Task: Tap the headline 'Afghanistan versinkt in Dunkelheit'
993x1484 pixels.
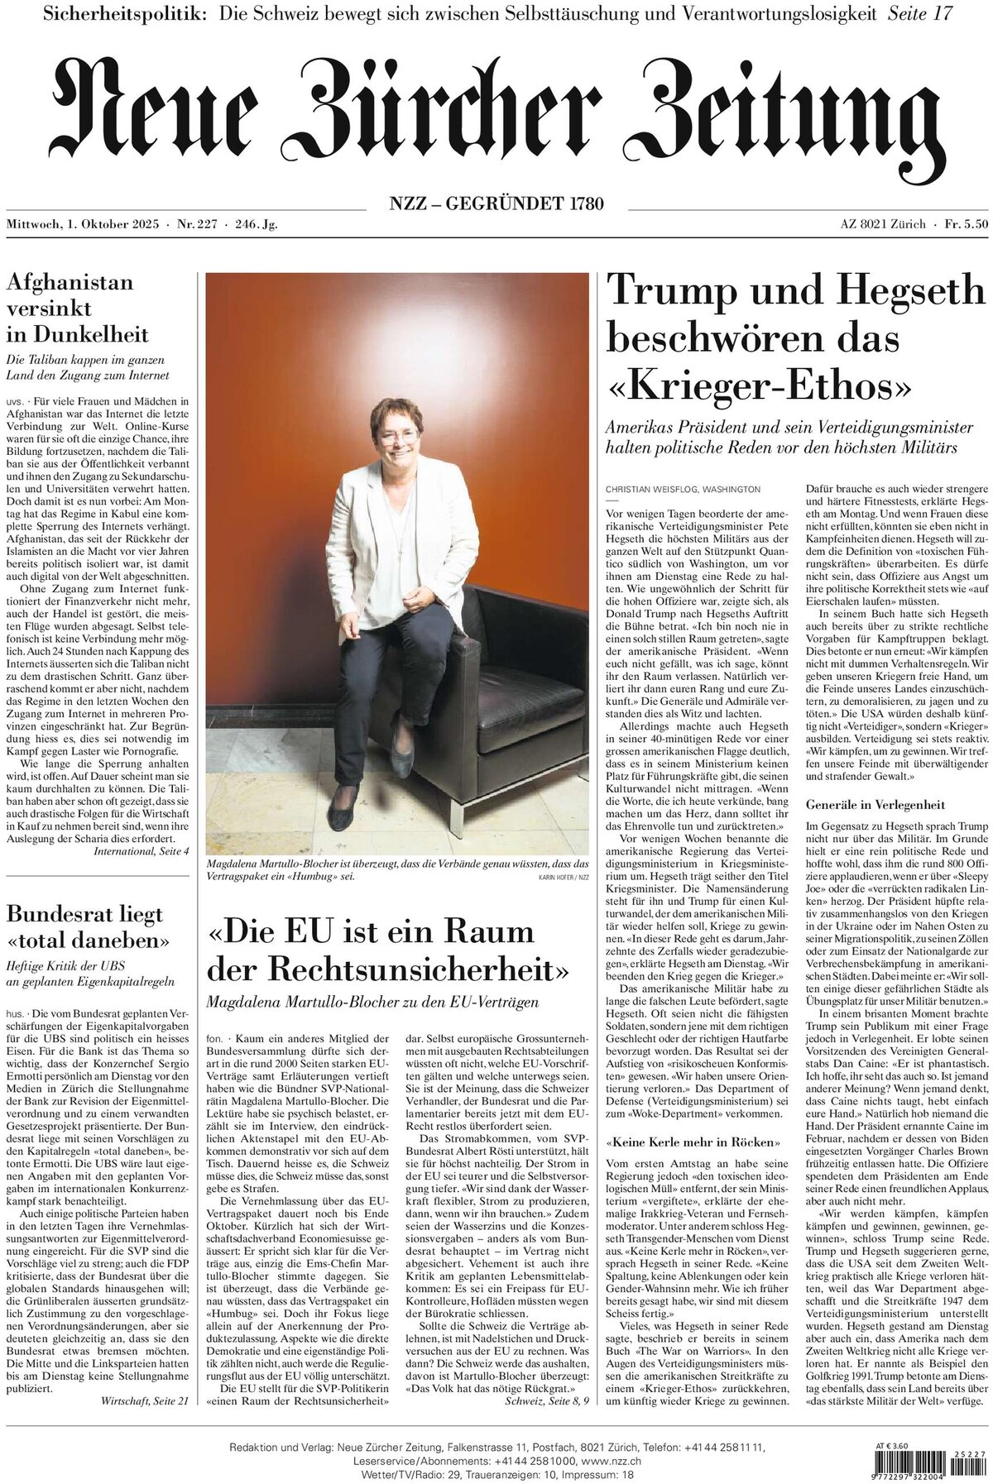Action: click(x=78, y=309)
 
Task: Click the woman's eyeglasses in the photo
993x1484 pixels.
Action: click(x=399, y=436)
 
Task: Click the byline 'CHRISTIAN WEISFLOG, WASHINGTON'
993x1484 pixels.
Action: click(x=683, y=490)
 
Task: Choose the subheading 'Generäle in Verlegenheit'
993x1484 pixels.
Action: click(x=875, y=805)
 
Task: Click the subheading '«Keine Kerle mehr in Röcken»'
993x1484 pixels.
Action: click(x=693, y=1142)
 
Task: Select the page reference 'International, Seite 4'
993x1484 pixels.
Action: click(x=142, y=850)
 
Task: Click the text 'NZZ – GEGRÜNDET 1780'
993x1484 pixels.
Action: click(x=496, y=203)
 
